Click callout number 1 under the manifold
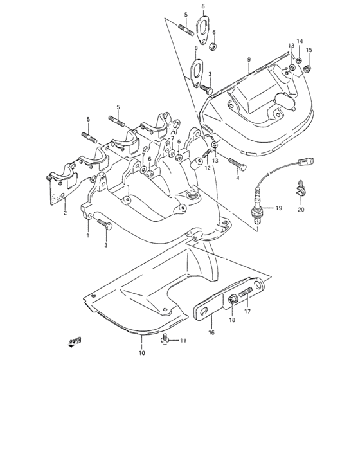(x=88, y=235)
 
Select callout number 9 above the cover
(x=248, y=60)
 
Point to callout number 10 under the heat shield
(x=141, y=352)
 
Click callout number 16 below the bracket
(x=210, y=333)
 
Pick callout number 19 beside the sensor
(x=279, y=208)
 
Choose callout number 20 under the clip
(x=301, y=210)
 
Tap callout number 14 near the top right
(x=300, y=42)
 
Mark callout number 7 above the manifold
(x=172, y=138)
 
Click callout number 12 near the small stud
(x=208, y=168)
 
